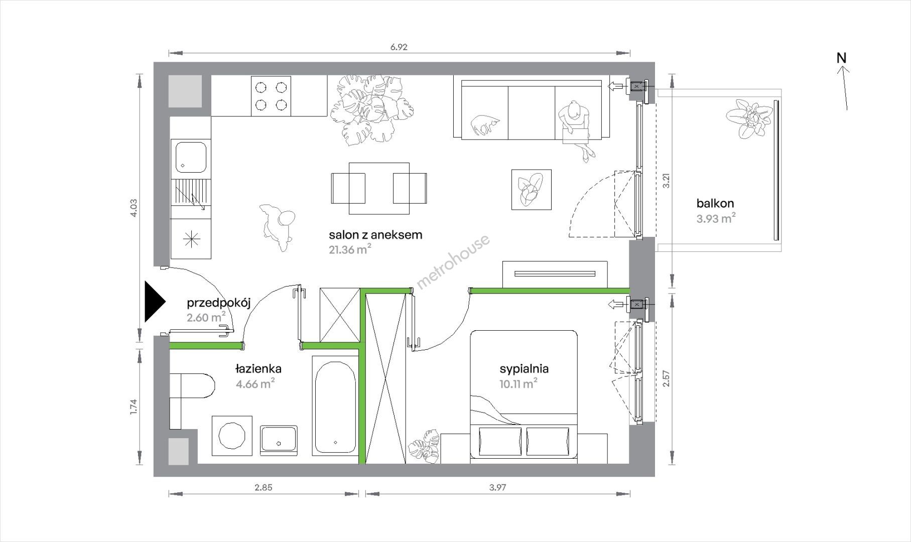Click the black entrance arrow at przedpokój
154,301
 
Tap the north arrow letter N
841,58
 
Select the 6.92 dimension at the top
399,47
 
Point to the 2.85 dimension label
263,487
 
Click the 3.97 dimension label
497,487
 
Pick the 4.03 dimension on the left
133,208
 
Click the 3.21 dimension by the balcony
667,181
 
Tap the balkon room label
715,203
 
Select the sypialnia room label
524,369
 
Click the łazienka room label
258,369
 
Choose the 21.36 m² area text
350,249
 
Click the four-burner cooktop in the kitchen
271,95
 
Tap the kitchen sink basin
190,156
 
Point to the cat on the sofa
485,124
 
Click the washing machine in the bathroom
232,435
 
